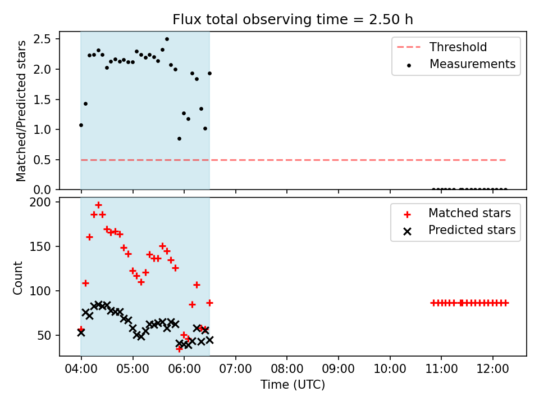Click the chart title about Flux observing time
(293, 20)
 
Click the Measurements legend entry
(460, 64)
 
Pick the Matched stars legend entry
(457, 213)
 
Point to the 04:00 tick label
(81, 369)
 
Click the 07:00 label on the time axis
(235, 369)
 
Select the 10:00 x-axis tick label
(390, 369)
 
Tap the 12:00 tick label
(492, 369)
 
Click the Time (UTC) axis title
(293, 385)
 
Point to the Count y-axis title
(17, 277)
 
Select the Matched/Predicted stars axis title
(21, 111)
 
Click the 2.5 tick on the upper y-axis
(42, 39)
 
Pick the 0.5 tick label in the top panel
(42, 160)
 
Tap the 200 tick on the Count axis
(40, 202)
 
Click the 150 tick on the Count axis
(40, 246)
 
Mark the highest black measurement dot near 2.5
(167, 39)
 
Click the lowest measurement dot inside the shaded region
(180, 139)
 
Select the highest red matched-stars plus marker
(98, 205)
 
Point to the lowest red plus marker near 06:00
(179, 349)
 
